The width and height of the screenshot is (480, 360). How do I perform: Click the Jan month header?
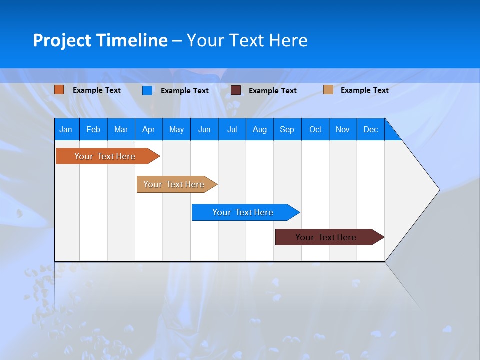click(66, 129)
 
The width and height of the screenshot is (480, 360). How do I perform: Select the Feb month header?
click(93, 129)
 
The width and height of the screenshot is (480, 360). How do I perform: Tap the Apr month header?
click(149, 129)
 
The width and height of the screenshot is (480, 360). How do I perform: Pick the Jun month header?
click(204, 129)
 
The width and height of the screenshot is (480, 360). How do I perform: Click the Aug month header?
click(260, 129)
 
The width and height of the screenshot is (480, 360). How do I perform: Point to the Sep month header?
click(287, 129)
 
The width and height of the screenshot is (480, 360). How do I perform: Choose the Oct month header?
click(315, 129)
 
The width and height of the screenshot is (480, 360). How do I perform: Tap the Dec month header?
click(371, 129)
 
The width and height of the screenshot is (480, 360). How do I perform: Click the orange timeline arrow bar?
click(105, 156)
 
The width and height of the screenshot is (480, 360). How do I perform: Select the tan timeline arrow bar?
click(174, 184)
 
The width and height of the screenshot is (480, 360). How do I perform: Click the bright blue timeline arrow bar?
click(243, 212)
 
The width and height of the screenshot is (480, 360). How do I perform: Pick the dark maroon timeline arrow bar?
click(326, 237)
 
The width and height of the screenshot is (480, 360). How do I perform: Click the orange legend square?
click(59, 90)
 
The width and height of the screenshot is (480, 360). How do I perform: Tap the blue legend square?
click(147, 90)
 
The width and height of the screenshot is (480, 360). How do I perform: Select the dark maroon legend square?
click(236, 90)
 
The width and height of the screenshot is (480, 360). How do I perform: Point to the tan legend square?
click(328, 90)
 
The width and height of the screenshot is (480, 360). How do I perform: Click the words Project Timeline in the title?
click(100, 40)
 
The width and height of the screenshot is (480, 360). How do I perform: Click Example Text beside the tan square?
click(364, 90)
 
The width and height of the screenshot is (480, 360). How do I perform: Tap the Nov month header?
click(343, 129)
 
